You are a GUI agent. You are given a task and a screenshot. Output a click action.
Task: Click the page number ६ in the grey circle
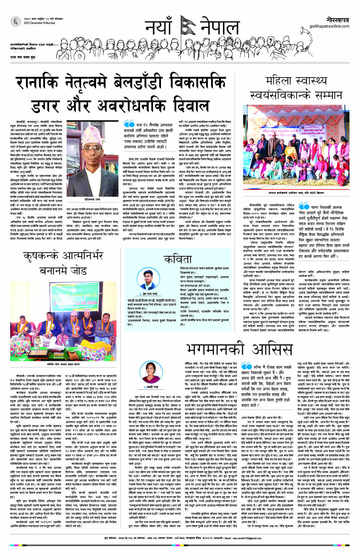[x=15, y=22]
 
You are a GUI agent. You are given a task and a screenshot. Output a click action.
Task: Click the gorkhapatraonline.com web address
[x=329, y=26]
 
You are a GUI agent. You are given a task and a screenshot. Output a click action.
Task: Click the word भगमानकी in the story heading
[x=215, y=349]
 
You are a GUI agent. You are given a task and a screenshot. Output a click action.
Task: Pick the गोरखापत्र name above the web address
[x=336, y=20]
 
